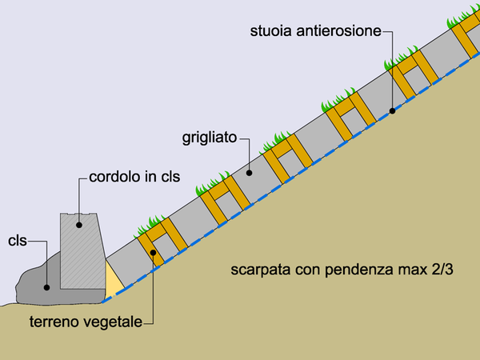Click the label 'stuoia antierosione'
coord(316,31)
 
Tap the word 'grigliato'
coord(210,138)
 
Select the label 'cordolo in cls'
coord(134,177)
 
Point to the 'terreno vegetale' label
coord(86,322)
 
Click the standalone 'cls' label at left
coord(18,241)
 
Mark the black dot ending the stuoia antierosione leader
coord(392,111)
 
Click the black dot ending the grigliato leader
coord(249,173)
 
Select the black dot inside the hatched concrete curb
coord(79,225)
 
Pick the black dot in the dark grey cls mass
coord(46,287)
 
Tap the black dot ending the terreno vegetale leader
coord(153,253)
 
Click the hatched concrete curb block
coord(82,251)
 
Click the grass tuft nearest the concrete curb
coord(150,226)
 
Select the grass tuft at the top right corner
coord(464,18)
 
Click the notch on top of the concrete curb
coord(79,214)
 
